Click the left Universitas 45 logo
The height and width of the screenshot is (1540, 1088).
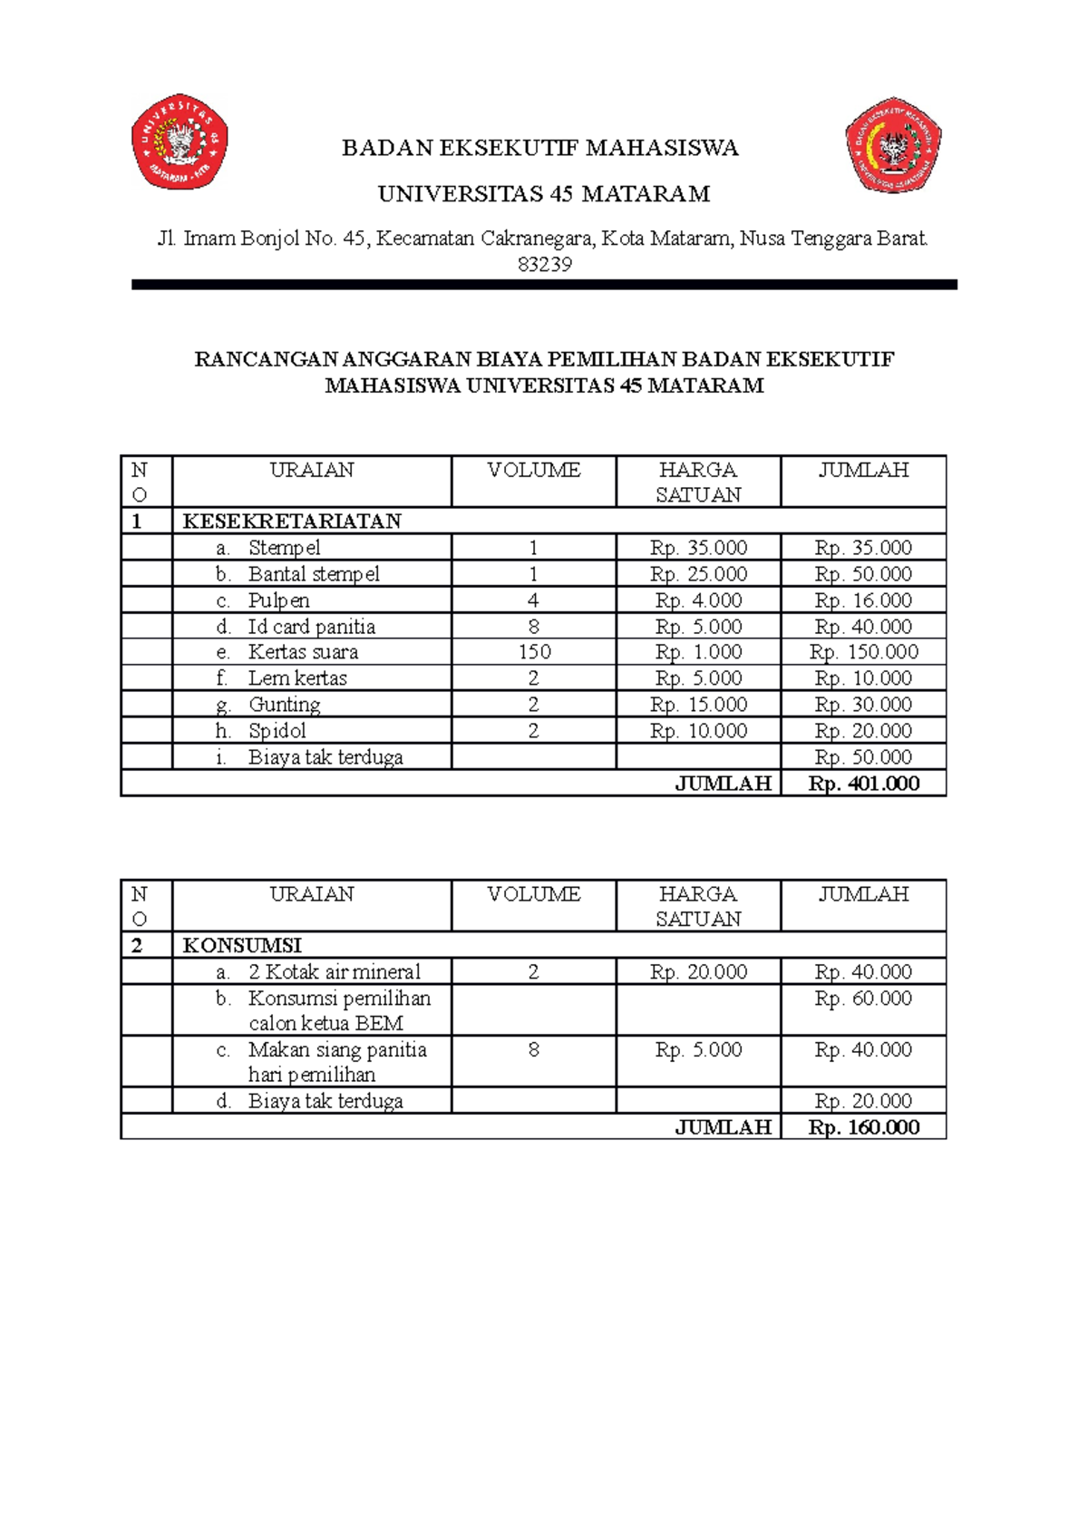[180, 141]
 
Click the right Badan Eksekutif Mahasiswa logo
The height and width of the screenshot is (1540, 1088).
[893, 145]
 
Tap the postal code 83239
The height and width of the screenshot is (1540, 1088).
[544, 265]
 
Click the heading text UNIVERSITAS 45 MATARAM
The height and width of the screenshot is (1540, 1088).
[544, 194]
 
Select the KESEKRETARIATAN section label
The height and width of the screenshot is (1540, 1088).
[292, 521]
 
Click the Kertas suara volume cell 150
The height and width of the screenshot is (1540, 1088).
[534, 652]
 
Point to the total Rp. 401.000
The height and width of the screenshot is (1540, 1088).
[863, 784]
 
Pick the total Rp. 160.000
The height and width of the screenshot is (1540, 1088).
[863, 1127]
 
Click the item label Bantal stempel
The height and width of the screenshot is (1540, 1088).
[314, 574]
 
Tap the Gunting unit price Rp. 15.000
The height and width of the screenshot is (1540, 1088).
[698, 705]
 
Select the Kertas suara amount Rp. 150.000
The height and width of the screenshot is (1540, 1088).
[863, 652]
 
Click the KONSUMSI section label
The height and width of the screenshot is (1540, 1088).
[242, 945]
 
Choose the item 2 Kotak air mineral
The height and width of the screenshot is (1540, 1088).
[335, 972]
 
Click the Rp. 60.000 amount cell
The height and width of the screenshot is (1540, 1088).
[863, 999]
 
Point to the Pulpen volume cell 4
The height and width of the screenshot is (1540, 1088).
[533, 600]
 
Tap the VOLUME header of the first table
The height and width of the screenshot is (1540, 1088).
[534, 470]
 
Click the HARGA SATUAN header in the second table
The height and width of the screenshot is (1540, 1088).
[698, 906]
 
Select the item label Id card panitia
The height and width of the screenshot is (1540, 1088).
[311, 627]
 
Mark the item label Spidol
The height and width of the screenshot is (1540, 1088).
[277, 731]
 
